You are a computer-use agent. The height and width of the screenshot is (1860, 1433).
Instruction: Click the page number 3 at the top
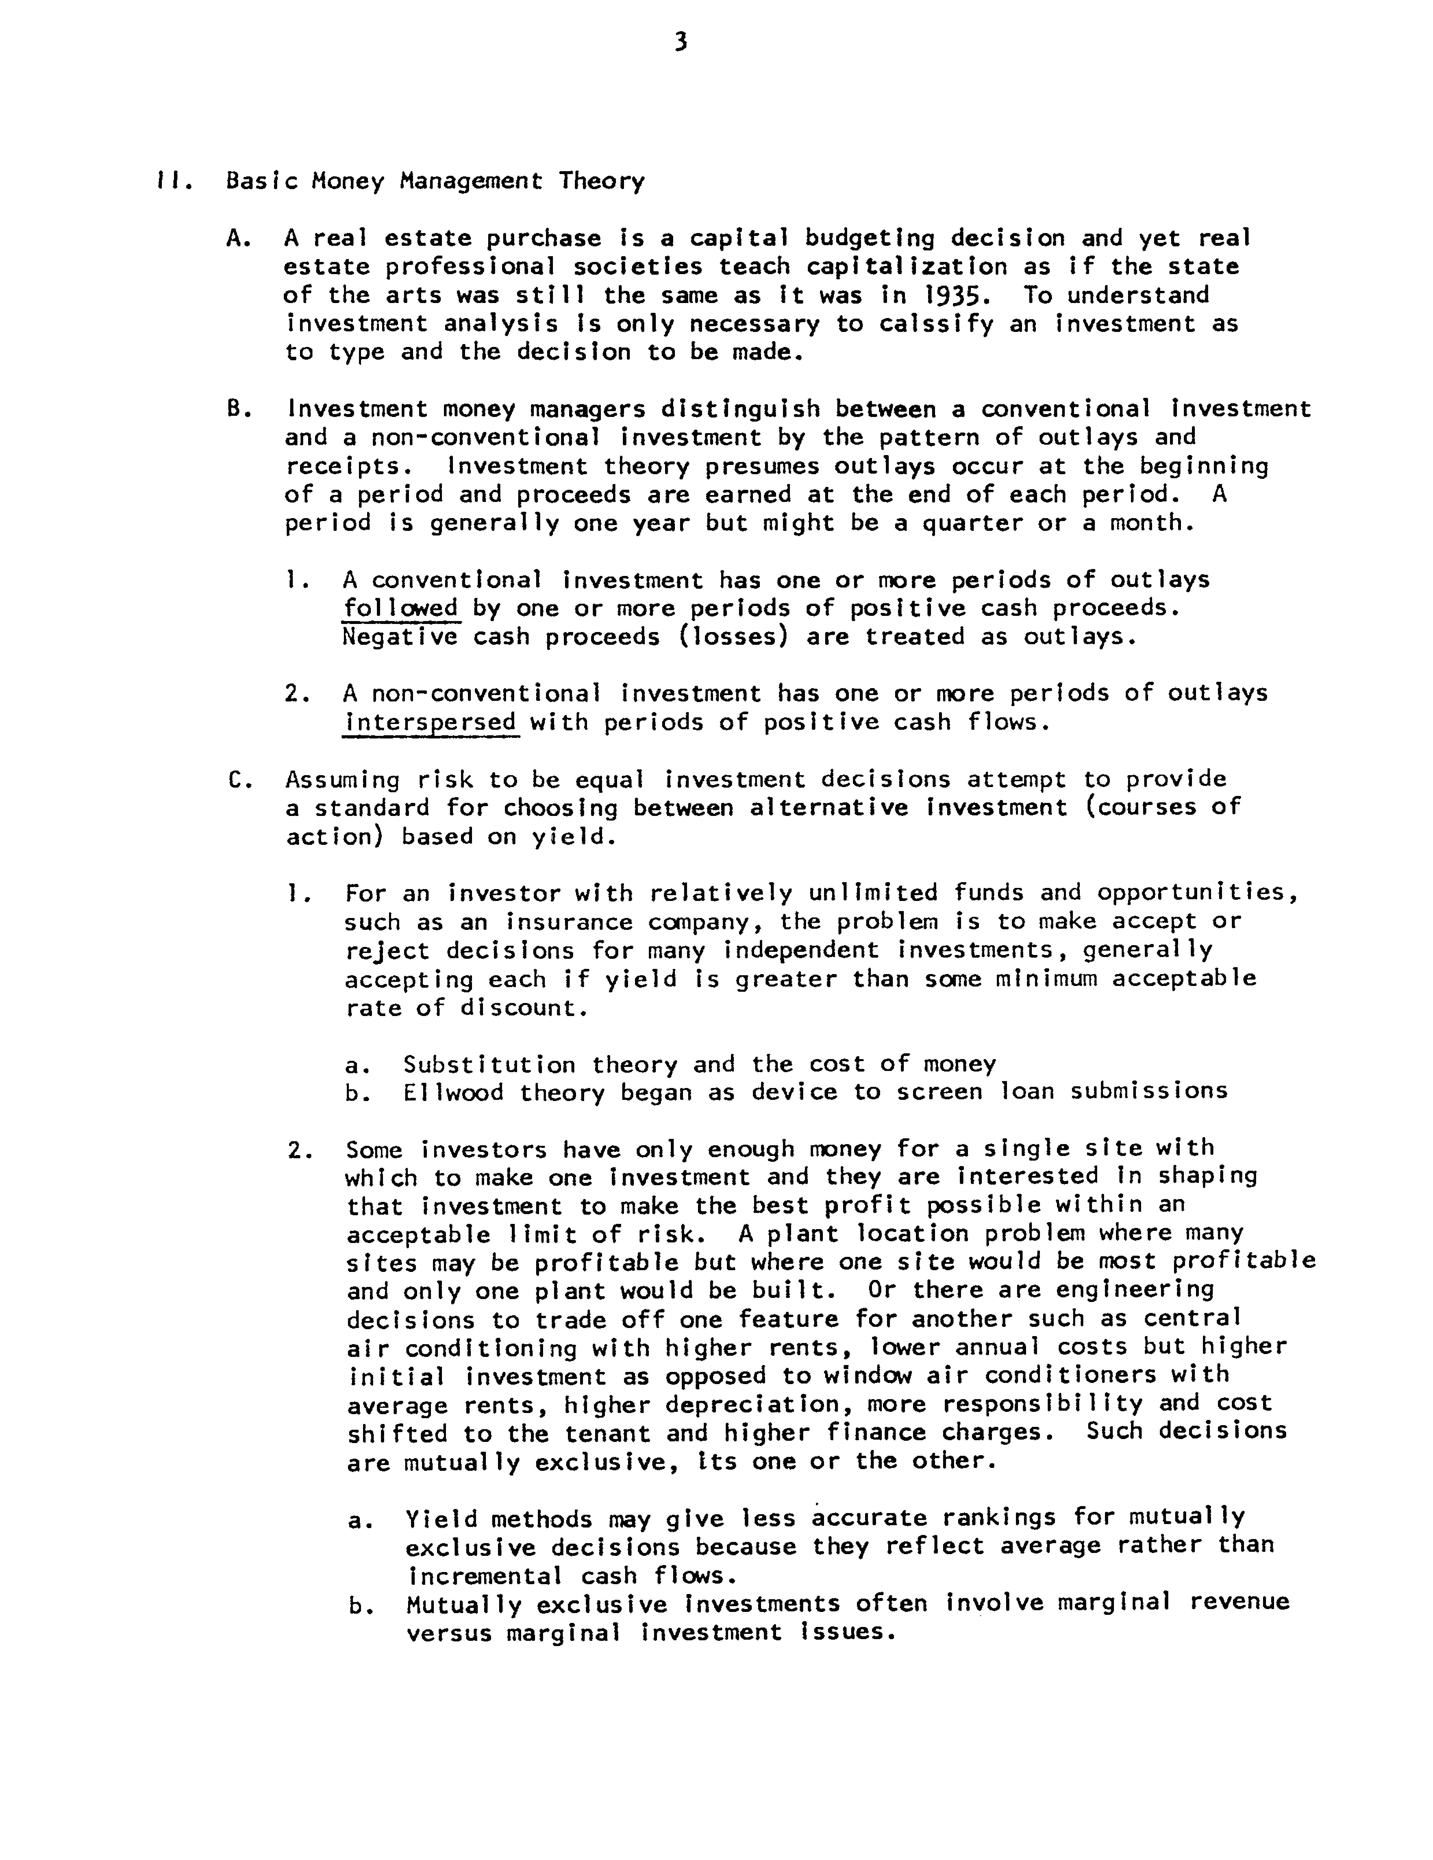[680, 43]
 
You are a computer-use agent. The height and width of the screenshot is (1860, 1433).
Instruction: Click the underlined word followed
[400, 609]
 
